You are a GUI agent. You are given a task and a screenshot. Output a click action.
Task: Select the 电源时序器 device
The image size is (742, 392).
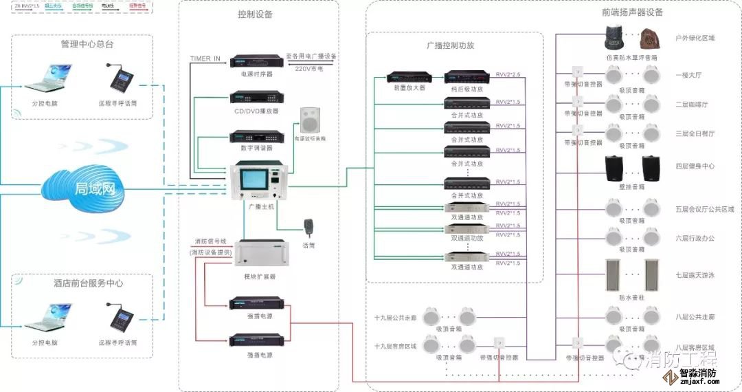[x=257, y=61]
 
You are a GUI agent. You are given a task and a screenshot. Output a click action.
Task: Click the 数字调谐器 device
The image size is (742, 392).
[x=257, y=136]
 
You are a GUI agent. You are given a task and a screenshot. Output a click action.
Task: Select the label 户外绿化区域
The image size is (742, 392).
[x=695, y=39]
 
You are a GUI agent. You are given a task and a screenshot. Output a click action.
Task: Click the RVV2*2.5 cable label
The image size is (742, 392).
[x=508, y=74]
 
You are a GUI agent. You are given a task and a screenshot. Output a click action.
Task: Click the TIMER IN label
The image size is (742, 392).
[x=205, y=59]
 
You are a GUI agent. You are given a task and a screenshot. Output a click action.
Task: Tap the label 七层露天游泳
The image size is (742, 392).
[x=695, y=275]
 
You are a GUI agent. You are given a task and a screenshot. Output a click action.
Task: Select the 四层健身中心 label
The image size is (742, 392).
[x=695, y=166]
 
